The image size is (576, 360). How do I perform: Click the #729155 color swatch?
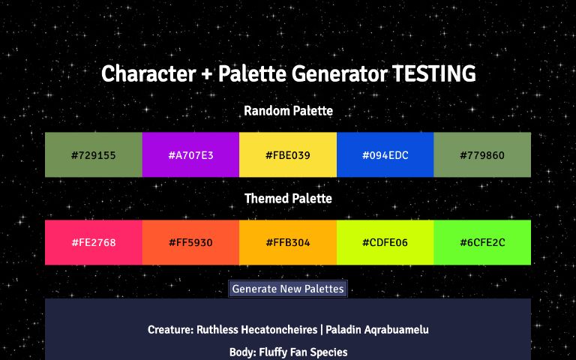click(93, 155)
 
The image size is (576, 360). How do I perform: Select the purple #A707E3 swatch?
click(190, 155)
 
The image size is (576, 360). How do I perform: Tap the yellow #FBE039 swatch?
click(288, 155)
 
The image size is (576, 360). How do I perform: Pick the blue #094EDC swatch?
click(385, 155)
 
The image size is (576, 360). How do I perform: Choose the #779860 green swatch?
click(482, 155)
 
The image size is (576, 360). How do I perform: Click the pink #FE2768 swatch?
click(93, 243)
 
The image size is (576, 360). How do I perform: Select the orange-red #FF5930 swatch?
click(190, 243)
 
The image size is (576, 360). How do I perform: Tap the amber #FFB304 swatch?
click(288, 243)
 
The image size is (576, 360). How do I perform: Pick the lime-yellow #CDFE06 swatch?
click(385, 243)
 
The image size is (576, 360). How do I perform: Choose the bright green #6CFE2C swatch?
click(482, 243)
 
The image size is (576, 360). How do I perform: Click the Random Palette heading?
click(288, 111)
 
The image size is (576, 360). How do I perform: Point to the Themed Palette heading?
click(288, 199)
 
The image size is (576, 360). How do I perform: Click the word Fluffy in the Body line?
click(275, 352)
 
